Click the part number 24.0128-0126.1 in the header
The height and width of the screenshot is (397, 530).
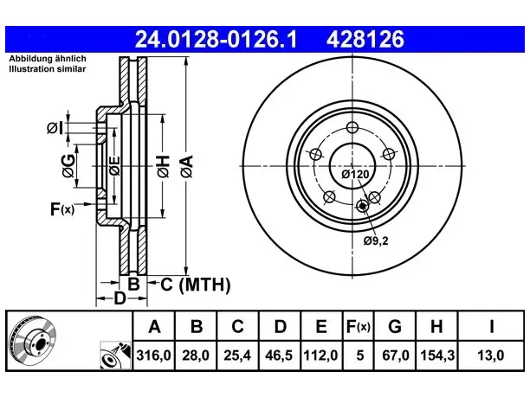pyautogui.click(x=216, y=39)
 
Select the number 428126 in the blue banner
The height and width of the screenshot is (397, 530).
pyautogui.click(x=365, y=39)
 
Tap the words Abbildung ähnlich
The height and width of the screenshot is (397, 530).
pyautogui.click(x=48, y=59)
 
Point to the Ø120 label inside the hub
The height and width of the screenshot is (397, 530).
pyautogui.click(x=355, y=174)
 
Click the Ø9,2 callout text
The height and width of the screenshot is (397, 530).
pyautogui.click(x=376, y=241)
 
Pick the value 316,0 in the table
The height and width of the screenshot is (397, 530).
pyautogui.click(x=154, y=355)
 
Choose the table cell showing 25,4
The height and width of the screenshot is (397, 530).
pyautogui.click(x=237, y=355)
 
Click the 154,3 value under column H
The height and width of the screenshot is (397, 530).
pyautogui.click(x=437, y=355)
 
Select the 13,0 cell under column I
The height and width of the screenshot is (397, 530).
pyautogui.click(x=490, y=355)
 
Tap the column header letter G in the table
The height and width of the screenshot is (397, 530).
pyautogui.click(x=395, y=326)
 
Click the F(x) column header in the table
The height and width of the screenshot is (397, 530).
pyautogui.click(x=359, y=326)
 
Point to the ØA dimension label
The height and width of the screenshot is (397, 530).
pyautogui.click(x=187, y=166)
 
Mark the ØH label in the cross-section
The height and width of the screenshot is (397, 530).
pyautogui.click(x=163, y=166)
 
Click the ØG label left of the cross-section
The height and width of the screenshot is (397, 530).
pyautogui.click(x=68, y=166)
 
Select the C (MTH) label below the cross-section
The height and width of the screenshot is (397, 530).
pyautogui.click(x=196, y=285)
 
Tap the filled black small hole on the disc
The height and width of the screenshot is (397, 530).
pyautogui.click(x=363, y=205)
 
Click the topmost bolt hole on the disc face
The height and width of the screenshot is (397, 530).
pyautogui.click(x=352, y=128)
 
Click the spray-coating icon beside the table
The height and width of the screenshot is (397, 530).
pyautogui.click(x=115, y=355)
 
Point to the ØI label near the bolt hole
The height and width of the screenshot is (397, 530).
pyautogui.click(x=55, y=128)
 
